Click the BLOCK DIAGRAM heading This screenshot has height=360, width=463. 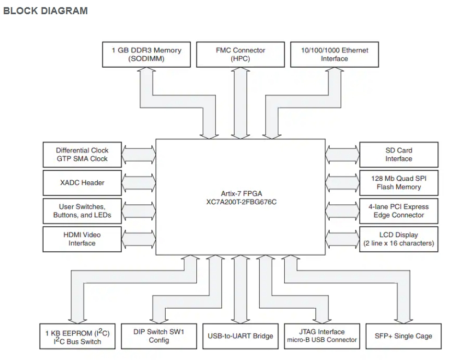coord(45,11)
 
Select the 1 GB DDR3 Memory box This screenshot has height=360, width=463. coord(146,54)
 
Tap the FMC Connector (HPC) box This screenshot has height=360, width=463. coord(240,54)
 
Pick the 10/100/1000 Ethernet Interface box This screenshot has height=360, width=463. coord(335,54)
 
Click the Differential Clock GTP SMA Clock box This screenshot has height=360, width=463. coord(82,155)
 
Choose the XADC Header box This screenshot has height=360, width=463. coord(82,182)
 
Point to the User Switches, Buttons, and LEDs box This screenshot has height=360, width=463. coord(82,211)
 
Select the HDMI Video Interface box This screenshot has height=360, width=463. coord(82,239)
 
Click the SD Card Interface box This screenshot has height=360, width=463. coord(398,155)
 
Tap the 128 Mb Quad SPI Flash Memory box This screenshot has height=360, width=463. coord(398,182)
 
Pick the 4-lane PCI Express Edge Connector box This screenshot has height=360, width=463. coord(398,211)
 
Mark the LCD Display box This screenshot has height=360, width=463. coord(398,239)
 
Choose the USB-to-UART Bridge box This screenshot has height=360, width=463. coord(240,336)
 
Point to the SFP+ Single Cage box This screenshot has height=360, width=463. coord(403,336)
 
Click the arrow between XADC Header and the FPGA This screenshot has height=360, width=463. coord(139,182)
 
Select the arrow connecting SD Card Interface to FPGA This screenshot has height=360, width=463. coord(342,155)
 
